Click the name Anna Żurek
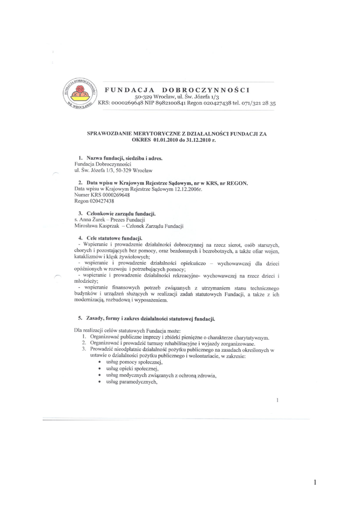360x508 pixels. [90, 219]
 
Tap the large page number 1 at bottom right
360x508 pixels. [315, 482]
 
